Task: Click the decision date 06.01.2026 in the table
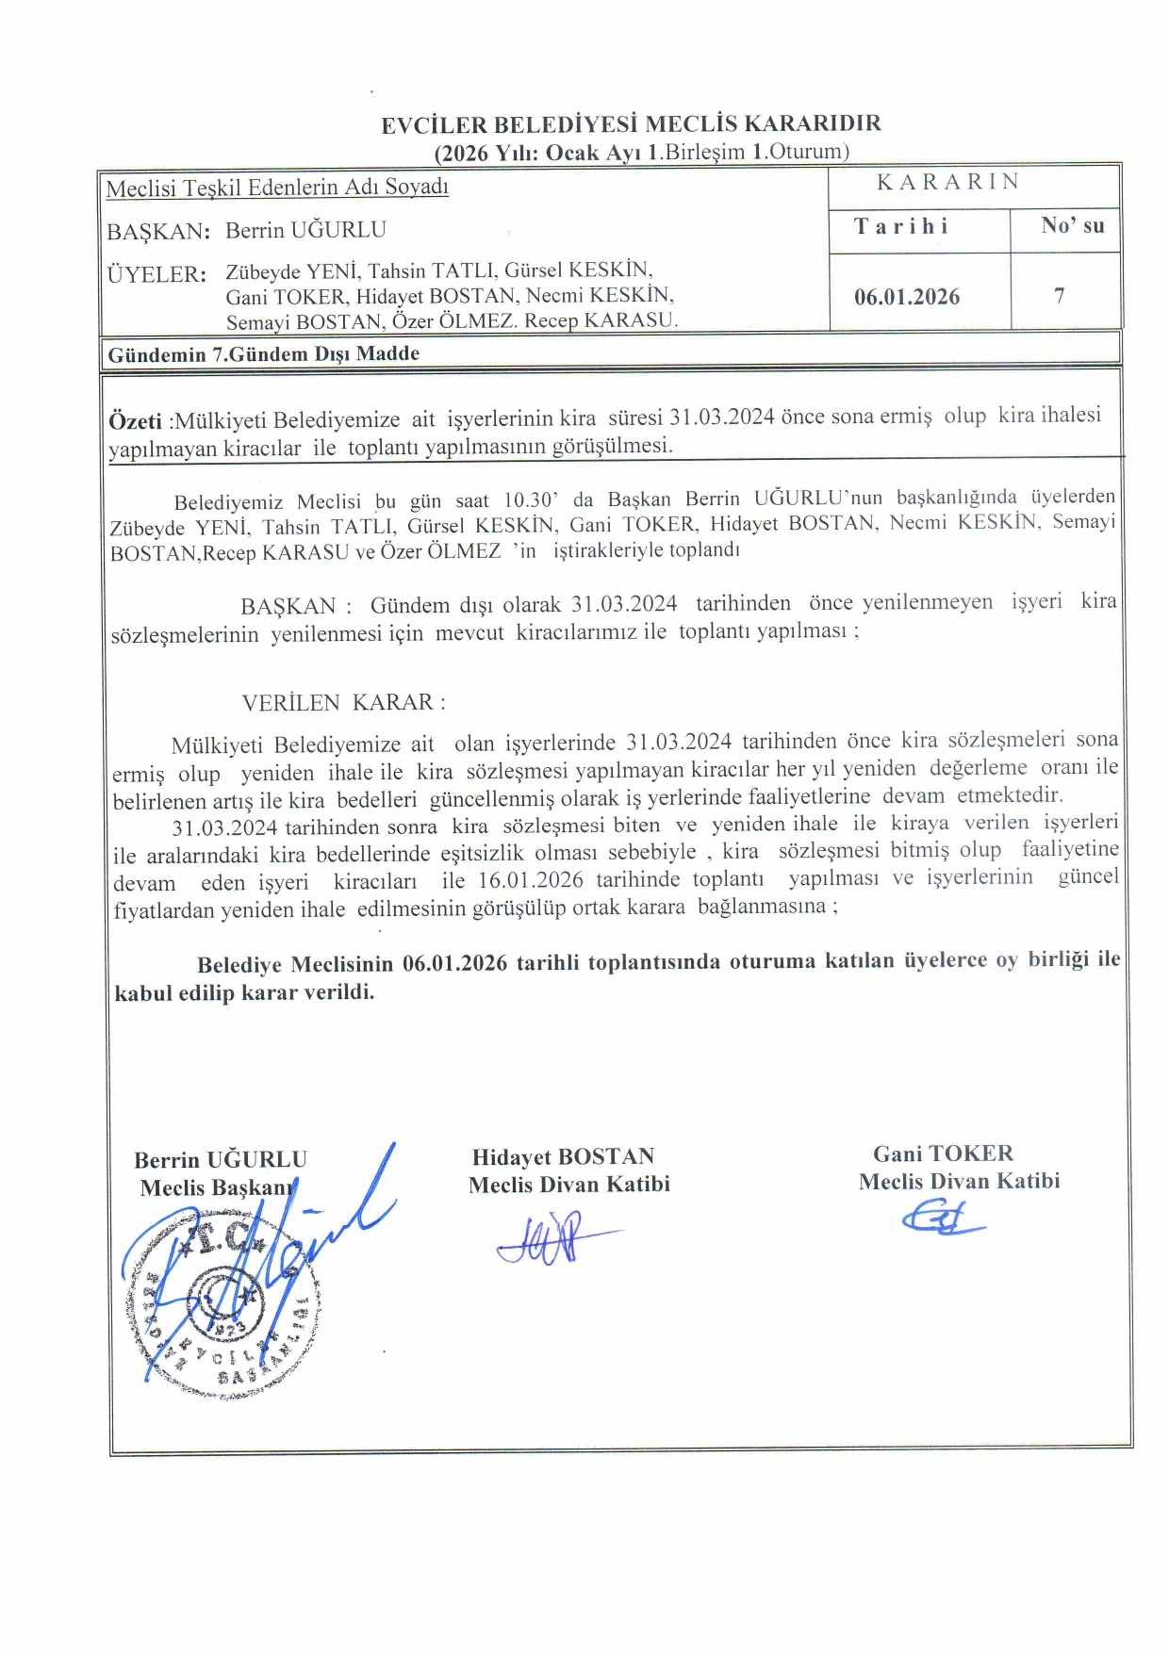tap(906, 297)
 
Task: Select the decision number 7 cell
tap(1060, 296)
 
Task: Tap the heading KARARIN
tap(947, 182)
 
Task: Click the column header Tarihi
tap(901, 226)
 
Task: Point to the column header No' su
tap(1072, 225)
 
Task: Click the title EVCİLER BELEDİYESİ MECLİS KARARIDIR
tap(631, 123)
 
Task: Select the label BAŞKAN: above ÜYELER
tap(157, 231)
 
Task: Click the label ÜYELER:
tap(156, 275)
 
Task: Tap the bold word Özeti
tap(135, 420)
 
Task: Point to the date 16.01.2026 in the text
tap(531, 880)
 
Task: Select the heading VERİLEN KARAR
tap(343, 703)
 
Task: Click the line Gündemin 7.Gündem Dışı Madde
tap(264, 354)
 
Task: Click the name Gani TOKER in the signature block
tap(943, 1154)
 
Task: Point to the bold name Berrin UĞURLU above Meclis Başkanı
tap(221, 1159)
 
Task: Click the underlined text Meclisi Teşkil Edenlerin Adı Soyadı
tap(277, 188)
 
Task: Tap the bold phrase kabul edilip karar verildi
tap(244, 992)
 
